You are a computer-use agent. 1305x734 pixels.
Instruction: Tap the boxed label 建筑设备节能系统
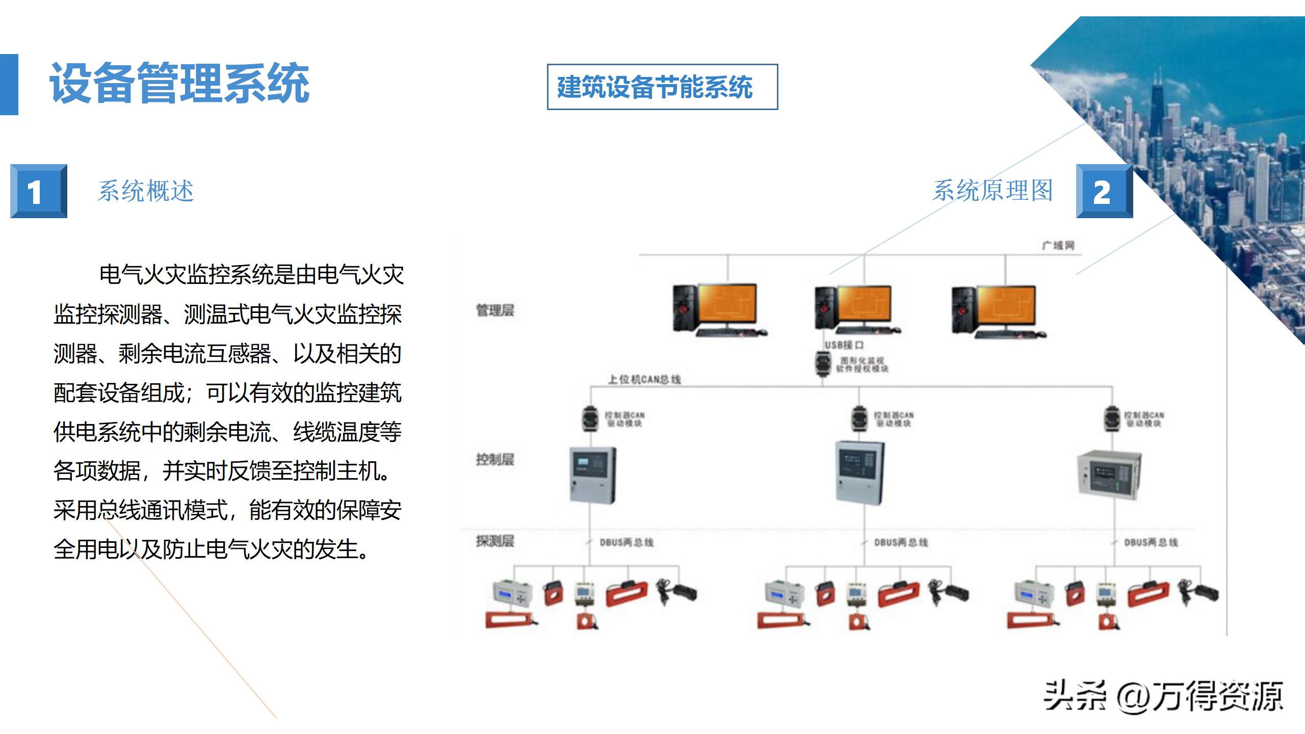pyautogui.click(x=662, y=87)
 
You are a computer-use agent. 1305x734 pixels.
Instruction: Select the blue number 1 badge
pyautogui.click(x=38, y=191)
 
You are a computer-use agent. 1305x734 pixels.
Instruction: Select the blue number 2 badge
pyautogui.click(x=1104, y=191)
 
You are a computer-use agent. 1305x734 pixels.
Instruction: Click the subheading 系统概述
pyautogui.click(x=146, y=191)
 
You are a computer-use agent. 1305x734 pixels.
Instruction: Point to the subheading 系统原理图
pyautogui.click(x=993, y=191)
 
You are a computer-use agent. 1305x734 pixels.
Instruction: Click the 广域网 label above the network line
pyautogui.click(x=1058, y=246)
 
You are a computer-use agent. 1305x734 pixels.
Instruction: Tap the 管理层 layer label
pyautogui.click(x=495, y=310)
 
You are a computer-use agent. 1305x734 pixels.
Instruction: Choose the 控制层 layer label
pyautogui.click(x=495, y=459)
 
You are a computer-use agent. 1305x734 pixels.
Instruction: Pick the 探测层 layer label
pyautogui.click(x=495, y=541)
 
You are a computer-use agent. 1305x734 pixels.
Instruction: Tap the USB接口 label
pyautogui.click(x=844, y=345)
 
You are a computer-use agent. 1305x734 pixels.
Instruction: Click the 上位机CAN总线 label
pyautogui.click(x=644, y=379)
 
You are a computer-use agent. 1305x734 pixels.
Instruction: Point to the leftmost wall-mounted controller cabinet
pyautogui.click(x=592, y=475)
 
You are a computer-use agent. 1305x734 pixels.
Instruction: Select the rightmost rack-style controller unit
pyautogui.click(x=1109, y=474)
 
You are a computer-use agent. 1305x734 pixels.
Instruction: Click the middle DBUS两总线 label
pyautogui.click(x=901, y=542)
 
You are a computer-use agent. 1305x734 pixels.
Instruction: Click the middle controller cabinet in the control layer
pyautogui.click(x=860, y=473)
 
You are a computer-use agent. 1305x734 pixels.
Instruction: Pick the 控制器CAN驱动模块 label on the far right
pyautogui.click(x=1144, y=419)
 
